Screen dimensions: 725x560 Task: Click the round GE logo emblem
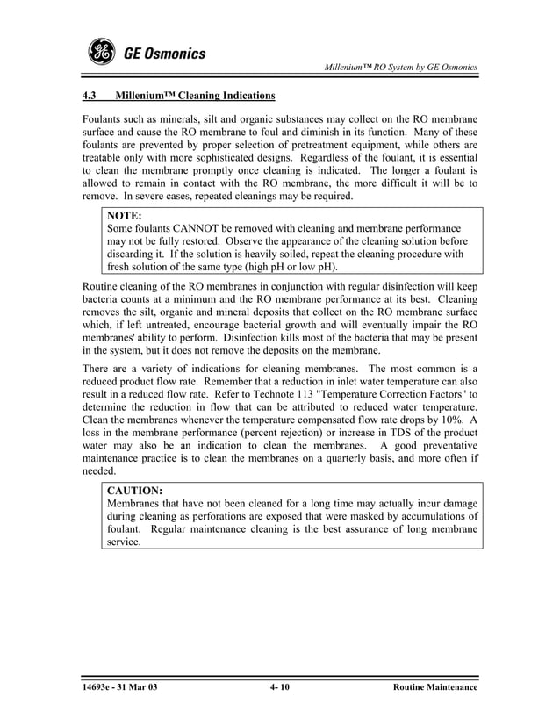pos(102,54)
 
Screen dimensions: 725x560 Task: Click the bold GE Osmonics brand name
pos(164,54)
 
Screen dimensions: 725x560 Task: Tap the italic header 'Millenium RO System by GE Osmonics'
pos(400,68)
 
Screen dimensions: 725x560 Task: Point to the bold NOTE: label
pos(125,214)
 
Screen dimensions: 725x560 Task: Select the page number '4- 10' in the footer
pos(280,687)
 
